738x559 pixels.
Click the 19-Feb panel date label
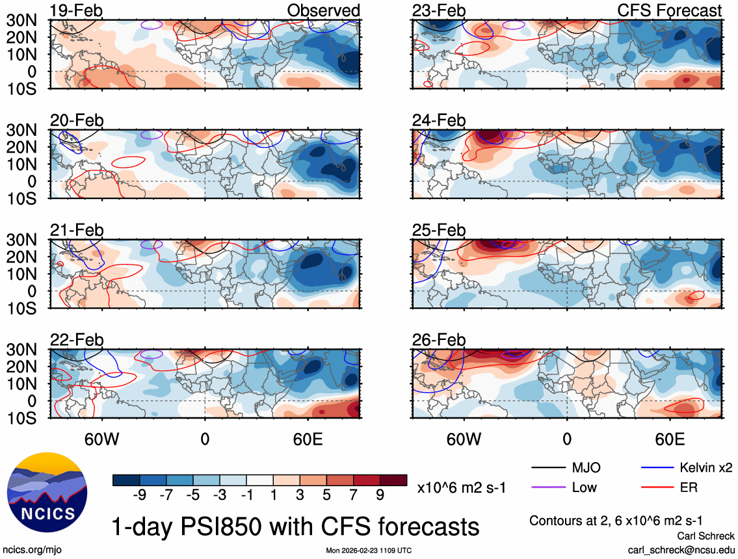(x=77, y=10)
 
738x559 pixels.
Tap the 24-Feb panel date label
(x=439, y=120)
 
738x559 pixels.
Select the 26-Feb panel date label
(x=439, y=340)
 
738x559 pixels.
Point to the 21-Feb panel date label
(x=77, y=230)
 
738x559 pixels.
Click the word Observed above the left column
(x=324, y=10)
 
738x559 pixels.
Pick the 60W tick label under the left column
(x=102, y=438)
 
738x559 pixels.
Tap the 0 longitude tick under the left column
(x=205, y=438)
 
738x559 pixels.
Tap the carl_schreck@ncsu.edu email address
(x=681, y=549)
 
